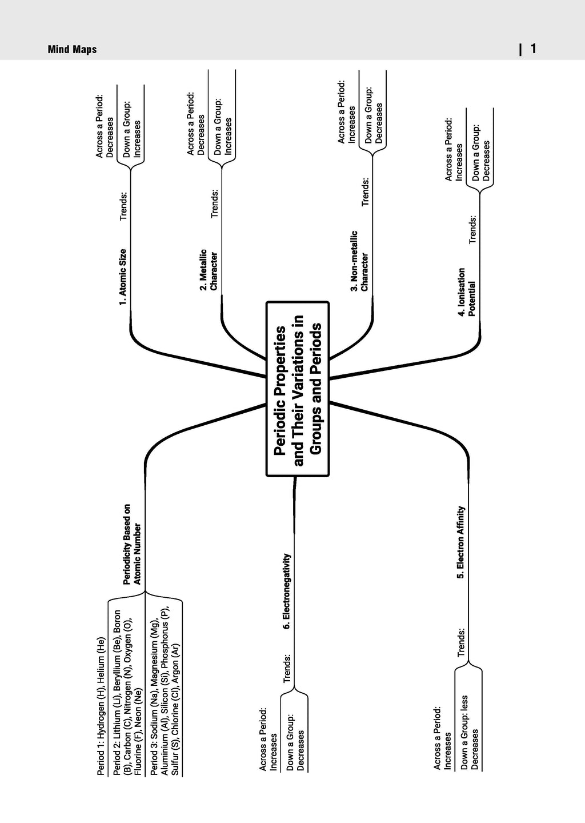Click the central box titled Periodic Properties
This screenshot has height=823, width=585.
pyautogui.click(x=298, y=389)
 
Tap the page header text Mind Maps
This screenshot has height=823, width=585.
pyautogui.click(x=73, y=50)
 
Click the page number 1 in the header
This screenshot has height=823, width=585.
pyautogui.click(x=533, y=49)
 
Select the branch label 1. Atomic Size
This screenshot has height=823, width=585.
pyautogui.click(x=123, y=277)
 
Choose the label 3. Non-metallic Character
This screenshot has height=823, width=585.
pyautogui.click(x=359, y=261)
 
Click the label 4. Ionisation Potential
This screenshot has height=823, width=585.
pyautogui.click(x=467, y=292)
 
